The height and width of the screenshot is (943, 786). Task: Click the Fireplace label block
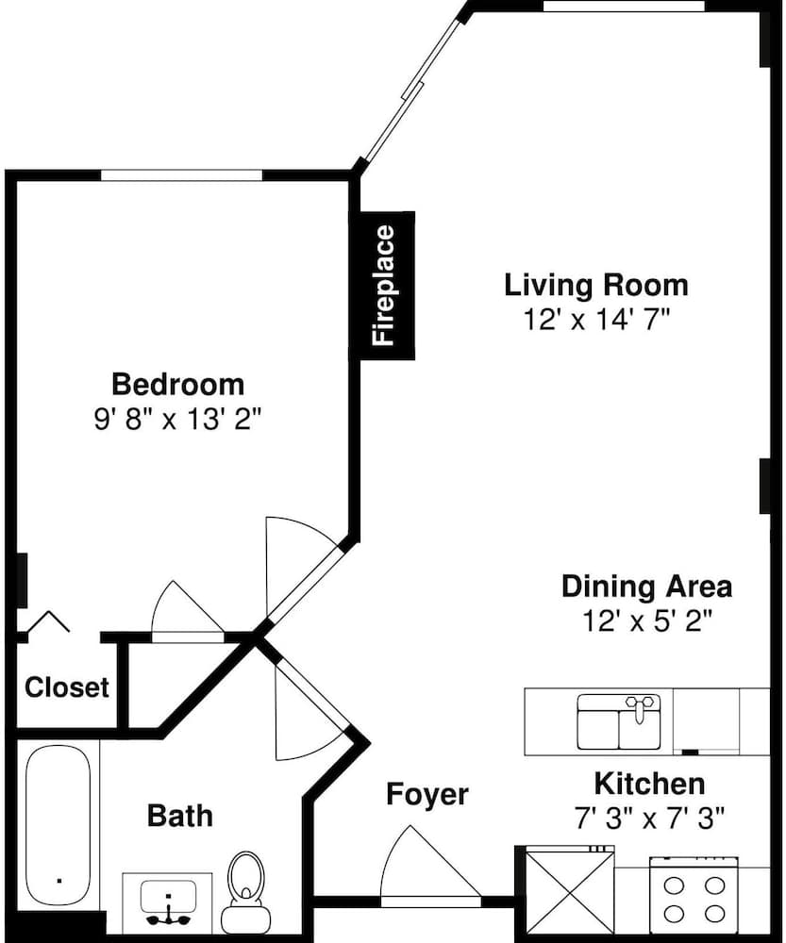point(387,286)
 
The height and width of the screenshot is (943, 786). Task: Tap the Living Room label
point(595,285)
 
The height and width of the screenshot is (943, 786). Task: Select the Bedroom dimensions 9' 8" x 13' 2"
point(178,420)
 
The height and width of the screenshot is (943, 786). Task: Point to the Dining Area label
point(647,587)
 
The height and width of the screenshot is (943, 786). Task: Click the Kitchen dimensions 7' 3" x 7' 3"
point(649,818)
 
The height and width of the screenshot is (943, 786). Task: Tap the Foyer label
point(427,794)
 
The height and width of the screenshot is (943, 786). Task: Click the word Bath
point(180,816)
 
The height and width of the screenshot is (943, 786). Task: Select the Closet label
point(67,687)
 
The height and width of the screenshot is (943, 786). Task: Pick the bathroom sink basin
point(169,898)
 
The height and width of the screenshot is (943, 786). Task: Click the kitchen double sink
point(619,721)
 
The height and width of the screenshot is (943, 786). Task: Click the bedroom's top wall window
point(182,175)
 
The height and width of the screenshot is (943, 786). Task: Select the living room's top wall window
point(624,6)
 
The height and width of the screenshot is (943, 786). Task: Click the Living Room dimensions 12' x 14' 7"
point(596,320)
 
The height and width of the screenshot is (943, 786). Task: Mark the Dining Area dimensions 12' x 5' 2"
point(647,620)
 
